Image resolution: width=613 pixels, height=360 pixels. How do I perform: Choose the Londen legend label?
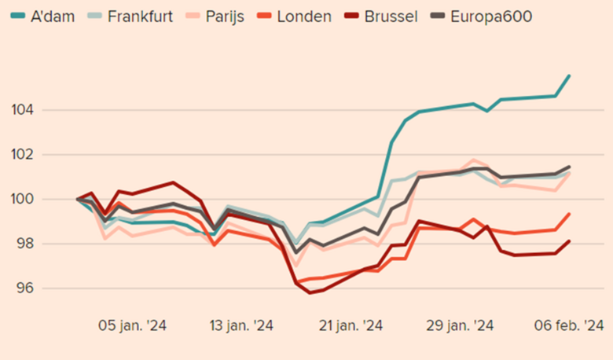tap(303, 15)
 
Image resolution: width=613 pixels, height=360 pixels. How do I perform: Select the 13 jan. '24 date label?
tap(240, 325)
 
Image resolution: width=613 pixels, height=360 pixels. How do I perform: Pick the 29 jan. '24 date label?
tap(460, 325)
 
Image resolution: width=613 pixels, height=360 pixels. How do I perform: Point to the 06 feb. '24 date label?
tap(569, 325)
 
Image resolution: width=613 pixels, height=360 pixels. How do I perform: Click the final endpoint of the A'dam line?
tap(569, 75)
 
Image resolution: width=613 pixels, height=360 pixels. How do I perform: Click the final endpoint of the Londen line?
tap(569, 214)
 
